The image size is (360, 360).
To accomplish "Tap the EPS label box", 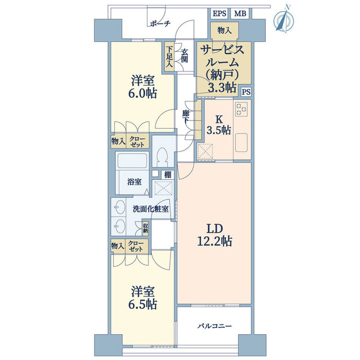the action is coord(219,13).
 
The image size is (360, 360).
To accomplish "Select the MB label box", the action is coord(240,13).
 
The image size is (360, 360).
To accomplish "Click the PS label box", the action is coord(246,92).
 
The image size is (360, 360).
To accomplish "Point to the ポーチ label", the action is coord(160,24).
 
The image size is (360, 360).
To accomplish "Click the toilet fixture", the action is coord(163,156).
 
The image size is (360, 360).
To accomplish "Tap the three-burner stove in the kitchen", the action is coord(241,109).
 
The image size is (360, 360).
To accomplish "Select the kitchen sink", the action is coord(241,142).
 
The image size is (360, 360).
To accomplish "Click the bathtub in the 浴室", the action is coord(132,160).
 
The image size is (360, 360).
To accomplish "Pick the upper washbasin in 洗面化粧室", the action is coord(119,208).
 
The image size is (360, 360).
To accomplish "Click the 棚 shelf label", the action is coord(168,175).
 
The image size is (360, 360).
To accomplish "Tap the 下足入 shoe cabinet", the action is coord(169,56).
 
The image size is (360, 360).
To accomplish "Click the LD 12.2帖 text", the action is coord(215,235).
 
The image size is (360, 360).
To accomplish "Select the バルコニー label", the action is coord(215,326).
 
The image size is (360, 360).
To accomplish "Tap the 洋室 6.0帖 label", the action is coord(142,87).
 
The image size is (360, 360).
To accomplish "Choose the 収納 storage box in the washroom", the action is coord(145,228).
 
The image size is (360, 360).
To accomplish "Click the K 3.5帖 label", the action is coord(219,125).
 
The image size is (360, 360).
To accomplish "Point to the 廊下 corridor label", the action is coord(186,118).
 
